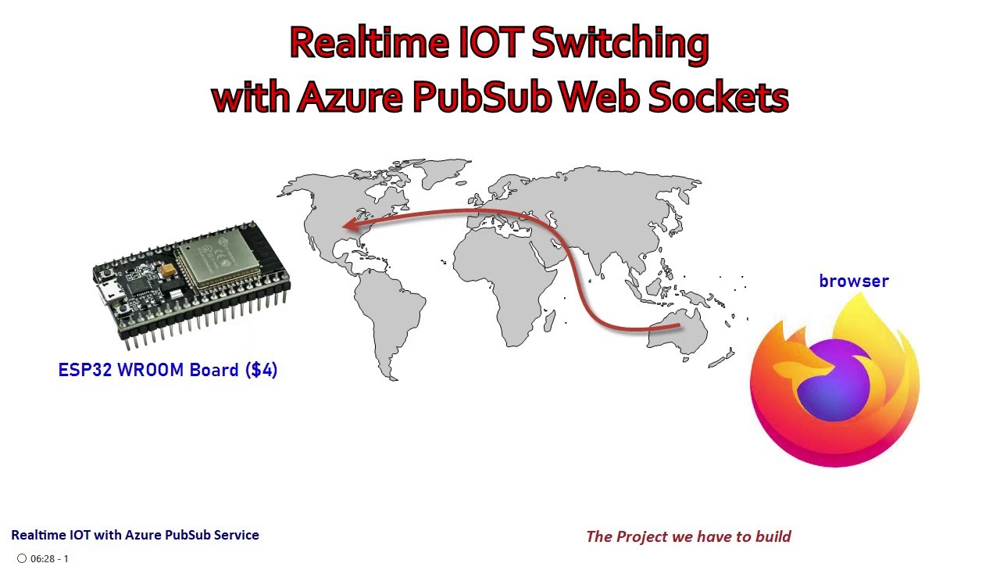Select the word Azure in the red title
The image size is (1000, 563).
click(350, 97)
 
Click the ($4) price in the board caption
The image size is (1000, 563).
click(261, 370)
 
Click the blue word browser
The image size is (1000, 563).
click(853, 281)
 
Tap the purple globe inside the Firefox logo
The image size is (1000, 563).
click(834, 381)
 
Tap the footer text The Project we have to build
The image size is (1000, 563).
click(688, 536)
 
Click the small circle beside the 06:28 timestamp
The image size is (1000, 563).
click(22, 558)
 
